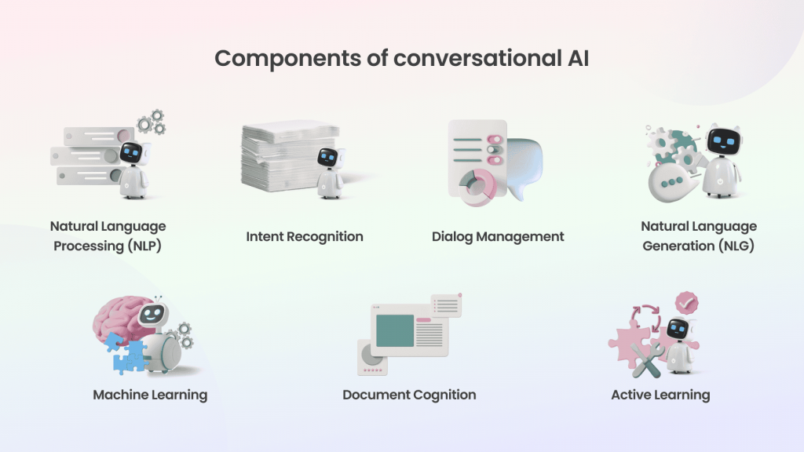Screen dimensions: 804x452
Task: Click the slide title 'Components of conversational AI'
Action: click(401, 58)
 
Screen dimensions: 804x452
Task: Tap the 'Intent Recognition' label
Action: click(305, 237)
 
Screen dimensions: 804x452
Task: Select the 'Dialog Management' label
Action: click(498, 237)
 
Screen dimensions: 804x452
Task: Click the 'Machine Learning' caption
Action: click(150, 395)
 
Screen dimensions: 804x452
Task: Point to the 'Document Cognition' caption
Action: click(409, 395)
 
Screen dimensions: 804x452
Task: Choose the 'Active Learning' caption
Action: click(660, 395)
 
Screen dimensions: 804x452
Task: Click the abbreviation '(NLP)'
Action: click(144, 246)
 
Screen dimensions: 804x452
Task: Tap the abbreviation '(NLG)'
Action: click(736, 246)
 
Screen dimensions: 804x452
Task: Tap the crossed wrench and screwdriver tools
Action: click(647, 359)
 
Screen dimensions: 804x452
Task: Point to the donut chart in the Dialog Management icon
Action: click(477, 188)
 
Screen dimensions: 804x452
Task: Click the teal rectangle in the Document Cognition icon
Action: click(395, 330)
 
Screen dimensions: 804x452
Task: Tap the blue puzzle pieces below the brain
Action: click(126, 352)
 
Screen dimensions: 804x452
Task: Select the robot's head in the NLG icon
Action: click(723, 139)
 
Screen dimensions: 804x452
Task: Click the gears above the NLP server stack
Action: click(152, 122)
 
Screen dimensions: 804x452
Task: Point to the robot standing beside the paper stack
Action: click(331, 173)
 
